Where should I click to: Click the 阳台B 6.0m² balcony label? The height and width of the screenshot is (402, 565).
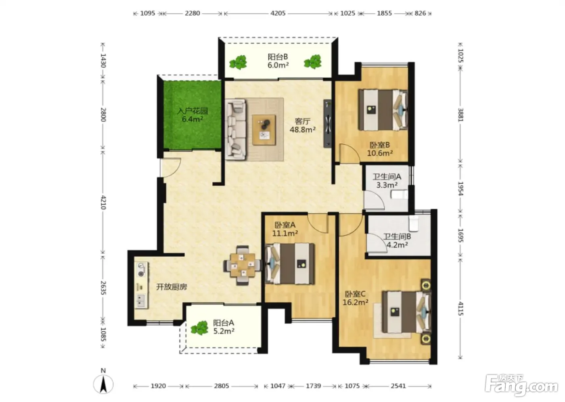[x=278, y=61]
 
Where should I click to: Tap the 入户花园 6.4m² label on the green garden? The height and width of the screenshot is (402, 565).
[x=193, y=115]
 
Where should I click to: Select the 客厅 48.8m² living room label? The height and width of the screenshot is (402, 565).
[x=302, y=126]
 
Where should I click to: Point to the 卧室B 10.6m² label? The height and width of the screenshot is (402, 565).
[x=380, y=149]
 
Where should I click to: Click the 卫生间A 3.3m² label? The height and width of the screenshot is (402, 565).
[x=387, y=181]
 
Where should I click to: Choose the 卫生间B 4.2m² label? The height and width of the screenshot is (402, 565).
[x=397, y=241]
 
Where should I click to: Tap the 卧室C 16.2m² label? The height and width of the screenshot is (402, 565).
[x=355, y=298]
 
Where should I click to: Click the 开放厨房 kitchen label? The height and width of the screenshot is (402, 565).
[x=172, y=287]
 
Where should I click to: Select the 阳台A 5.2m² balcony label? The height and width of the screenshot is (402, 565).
[x=224, y=327]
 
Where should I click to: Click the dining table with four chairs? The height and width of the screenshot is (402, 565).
[x=243, y=265]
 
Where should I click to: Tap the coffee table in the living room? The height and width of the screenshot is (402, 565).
[x=264, y=130]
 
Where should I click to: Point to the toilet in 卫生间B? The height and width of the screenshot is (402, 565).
[x=413, y=223]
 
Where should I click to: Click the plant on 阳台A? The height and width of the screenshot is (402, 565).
[x=199, y=328]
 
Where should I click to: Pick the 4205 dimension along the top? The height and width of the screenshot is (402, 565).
[x=278, y=13]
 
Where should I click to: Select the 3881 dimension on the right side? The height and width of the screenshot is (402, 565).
[x=460, y=115]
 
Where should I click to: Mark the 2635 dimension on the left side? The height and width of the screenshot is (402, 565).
[x=103, y=288]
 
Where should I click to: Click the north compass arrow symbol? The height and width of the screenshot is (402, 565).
[x=103, y=384]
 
